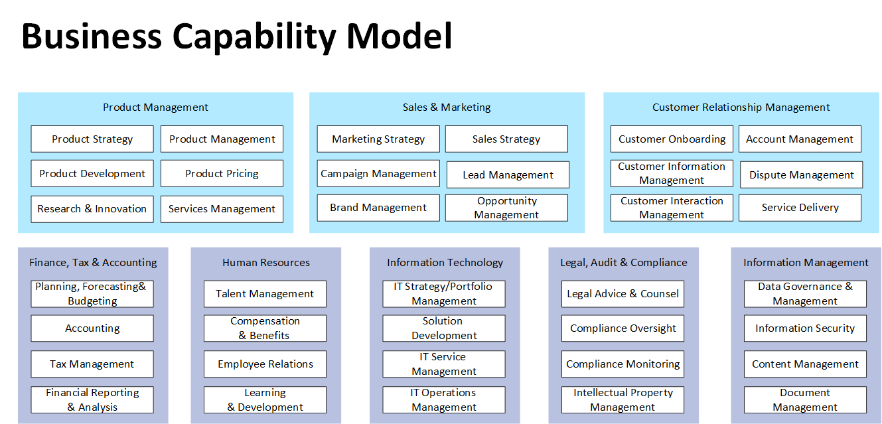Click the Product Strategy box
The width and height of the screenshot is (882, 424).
click(x=92, y=139)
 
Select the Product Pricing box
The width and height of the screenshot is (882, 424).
click(x=222, y=174)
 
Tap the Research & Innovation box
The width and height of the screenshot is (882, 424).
click(x=92, y=209)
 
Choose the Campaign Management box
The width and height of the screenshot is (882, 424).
click(x=378, y=174)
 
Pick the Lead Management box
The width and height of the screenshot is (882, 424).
click(x=508, y=175)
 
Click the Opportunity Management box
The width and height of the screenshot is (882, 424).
click(x=506, y=208)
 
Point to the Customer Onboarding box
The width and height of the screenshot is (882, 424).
click(x=672, y=139)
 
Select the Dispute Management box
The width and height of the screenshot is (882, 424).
click(x=802, y=175)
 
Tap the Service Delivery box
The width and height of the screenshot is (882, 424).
click(x=800, y=208)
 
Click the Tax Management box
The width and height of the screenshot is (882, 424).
click(x=92, y=364)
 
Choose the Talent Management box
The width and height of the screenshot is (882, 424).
click(x=265, y=294)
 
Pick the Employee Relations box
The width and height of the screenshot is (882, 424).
click(x=265, y=364)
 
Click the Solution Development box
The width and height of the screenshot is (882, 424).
click(x=444, y=328)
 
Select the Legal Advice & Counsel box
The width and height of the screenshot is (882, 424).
click(x=623, y=294)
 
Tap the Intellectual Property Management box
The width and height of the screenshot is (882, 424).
click(x=623, y=400)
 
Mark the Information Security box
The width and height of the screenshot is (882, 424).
click(x=805, y=328)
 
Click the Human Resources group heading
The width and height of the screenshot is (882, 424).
click(x=266, y=263)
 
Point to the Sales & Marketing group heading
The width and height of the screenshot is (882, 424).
click(x=447, y=107)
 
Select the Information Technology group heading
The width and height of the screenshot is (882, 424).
click(x=445, y=263)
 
